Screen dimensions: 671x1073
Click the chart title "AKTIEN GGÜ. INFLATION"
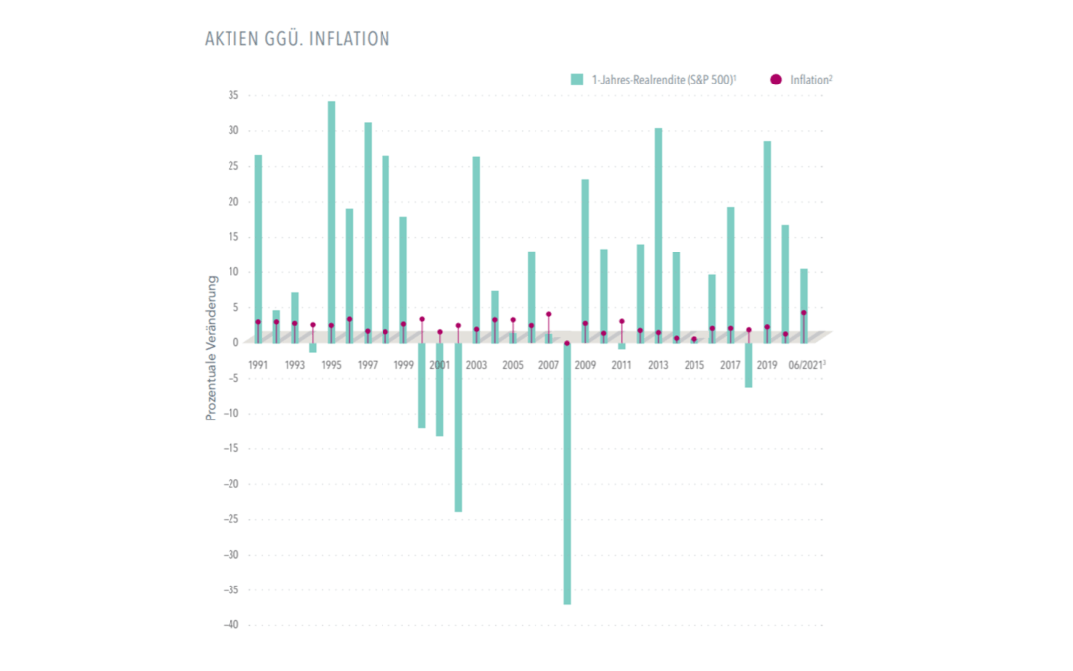(x=296, y=39)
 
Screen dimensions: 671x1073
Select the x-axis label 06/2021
(x=806, y=365)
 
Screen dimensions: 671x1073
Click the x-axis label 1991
(x=259, y=365)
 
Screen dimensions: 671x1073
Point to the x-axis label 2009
(x=585, y=365)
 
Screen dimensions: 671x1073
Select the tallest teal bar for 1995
(x=332, y=219)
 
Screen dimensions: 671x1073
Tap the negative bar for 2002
(x=459, y=427)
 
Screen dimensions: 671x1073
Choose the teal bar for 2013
(x=658, y=234)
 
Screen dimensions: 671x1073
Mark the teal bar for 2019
(x=767, y=239)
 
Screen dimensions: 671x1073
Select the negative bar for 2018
(x=749, y=365)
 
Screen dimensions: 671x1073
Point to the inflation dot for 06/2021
(x=803, y=313)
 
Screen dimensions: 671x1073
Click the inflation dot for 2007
(x=549, y=314)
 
